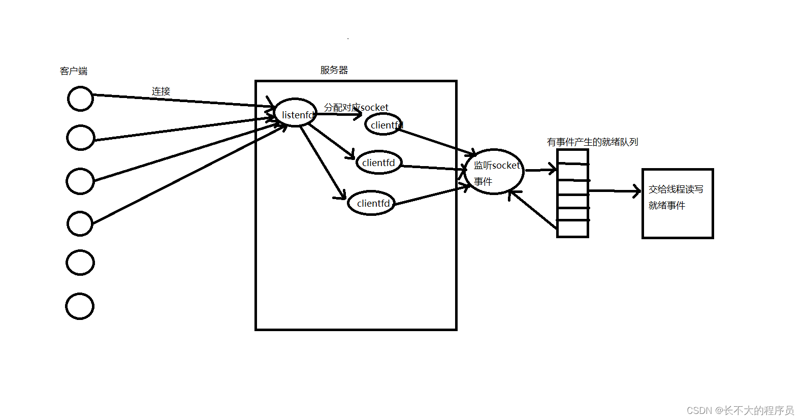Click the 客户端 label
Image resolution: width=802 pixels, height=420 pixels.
click(74, 71)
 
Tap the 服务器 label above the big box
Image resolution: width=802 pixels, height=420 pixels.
click(334, 70)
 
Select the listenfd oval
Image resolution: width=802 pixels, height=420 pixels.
click(295, 113)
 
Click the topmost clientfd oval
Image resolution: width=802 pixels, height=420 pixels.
click(383, 124)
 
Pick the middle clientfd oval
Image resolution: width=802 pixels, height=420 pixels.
click(378, 163)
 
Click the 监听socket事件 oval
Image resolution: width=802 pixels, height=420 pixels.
click(494, 172)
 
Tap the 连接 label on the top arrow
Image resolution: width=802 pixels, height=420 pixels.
click(161, 91)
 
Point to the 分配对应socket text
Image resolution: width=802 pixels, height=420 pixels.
click(356, 107)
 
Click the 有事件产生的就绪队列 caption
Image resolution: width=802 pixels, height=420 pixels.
click(592, 142)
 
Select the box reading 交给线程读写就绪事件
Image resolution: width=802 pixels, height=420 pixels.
click(678, 203)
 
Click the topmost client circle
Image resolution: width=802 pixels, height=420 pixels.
click(80, 99)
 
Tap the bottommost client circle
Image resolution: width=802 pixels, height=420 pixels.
click(80, 306)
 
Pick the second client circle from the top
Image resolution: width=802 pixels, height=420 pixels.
click(80, 138)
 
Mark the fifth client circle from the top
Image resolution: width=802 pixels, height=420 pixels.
click(80, 263)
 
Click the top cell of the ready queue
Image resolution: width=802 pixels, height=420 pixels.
click(573, 157)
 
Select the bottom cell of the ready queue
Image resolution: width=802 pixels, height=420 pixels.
click(573, 229)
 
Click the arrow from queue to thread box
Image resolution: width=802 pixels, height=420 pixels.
click(615, 191)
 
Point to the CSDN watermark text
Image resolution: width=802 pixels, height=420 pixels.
click(740, 410)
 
